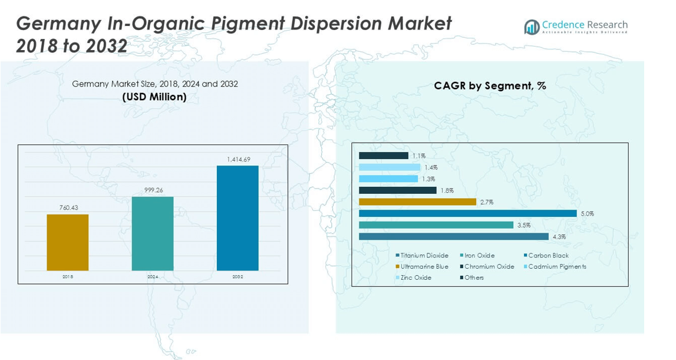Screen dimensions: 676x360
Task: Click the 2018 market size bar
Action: (68, 242)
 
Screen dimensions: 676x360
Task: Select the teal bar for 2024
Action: (153, 234)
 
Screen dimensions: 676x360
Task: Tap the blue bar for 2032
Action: (238, 218)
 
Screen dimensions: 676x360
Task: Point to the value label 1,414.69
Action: (239, 160)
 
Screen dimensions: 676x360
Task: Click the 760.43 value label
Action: (69, 208)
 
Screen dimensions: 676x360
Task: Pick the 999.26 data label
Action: (153, 190)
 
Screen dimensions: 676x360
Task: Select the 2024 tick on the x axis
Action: (153, 277)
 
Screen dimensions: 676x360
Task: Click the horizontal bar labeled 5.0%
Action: (468, 213)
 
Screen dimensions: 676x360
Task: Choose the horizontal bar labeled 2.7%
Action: (418, 202)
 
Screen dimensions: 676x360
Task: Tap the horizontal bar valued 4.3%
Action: (454, 237)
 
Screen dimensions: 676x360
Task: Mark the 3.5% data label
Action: (524, 225)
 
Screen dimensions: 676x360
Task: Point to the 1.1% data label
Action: (418, 156)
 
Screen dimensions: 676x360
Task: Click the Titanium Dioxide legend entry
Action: (422, 256)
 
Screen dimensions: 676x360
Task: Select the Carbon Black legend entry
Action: (546, 256)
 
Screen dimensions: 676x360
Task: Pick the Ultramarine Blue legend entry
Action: (422, 266)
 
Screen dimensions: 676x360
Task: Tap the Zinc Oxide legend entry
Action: (414, 278)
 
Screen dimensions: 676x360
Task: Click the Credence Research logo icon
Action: (532, 27)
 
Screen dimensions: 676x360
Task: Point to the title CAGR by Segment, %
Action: (490, 86)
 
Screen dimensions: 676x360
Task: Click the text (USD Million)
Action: (154, 97)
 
